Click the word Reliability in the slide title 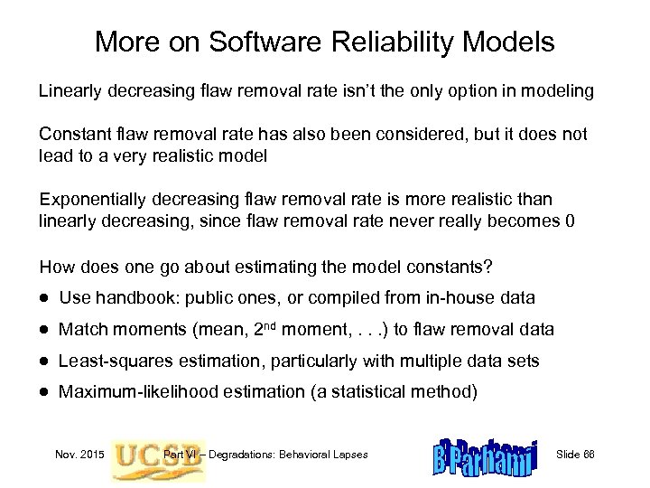point(369,42)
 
